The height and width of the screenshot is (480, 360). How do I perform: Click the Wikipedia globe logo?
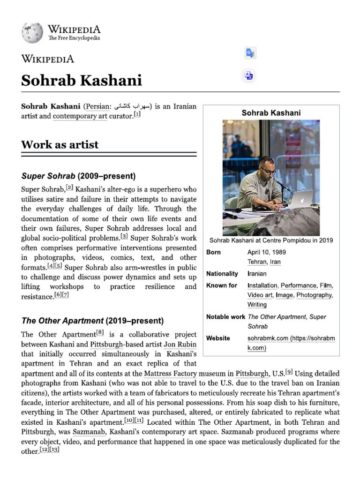pyautogui.click(x=32, y=33)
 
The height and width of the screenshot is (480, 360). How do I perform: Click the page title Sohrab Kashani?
pyautogui.click(x=81, y=81)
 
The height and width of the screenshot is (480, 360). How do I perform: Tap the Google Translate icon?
pyautogui.click(x=250, y=53)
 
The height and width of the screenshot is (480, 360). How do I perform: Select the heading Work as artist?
pyautogui.click(x=60, y=144)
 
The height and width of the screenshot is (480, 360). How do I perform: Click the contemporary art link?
pyautogui.click(x=80, y=116)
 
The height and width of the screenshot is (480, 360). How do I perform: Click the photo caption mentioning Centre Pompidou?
pyautogui.click(x=271, y=240)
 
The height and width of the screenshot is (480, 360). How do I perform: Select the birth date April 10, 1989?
pyautogui.click(x=266, y=252)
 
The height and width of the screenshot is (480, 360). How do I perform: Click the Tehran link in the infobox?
pyautogui.click(x=255, y=262)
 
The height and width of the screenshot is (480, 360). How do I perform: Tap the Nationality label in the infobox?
pyautogui.click(x=222, y=274)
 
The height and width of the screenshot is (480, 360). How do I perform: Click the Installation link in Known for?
pyautogui.click(x=262, y=285)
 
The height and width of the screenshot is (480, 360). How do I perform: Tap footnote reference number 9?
pyautogui.click(x=289, y=372)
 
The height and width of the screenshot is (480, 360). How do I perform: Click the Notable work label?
pyautogui.click(x=225, y=317)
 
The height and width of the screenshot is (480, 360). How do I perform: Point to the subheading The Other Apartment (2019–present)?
pyautogui.click(x=92, y=321)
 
